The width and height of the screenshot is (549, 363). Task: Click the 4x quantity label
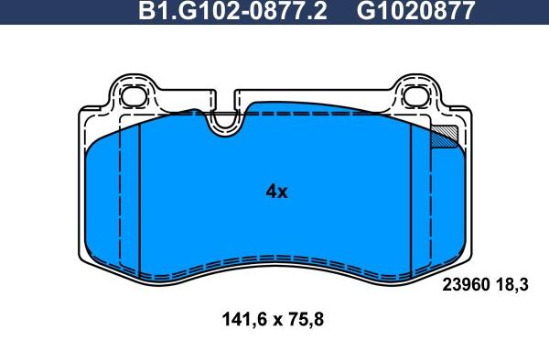click(x=275, y=192)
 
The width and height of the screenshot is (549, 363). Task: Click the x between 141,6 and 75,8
click(x=273, y=321)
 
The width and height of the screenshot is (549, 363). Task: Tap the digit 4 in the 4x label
click(x=270, y=192)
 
